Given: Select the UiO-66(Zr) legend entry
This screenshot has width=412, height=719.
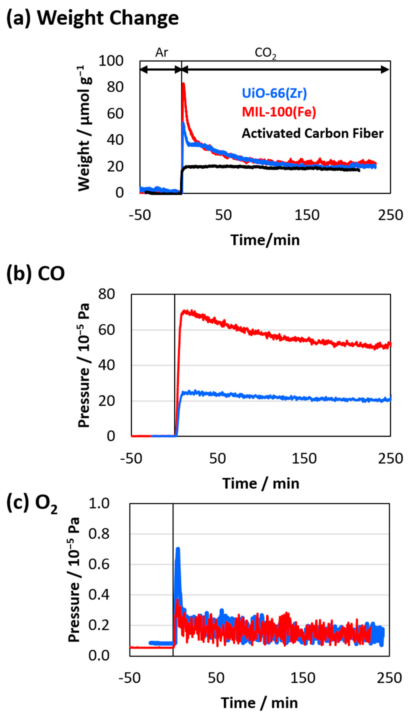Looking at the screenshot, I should point(274,93).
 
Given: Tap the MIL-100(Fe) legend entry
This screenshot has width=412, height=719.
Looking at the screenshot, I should point(279,112).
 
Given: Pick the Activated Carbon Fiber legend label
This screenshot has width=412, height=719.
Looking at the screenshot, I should point(312,133).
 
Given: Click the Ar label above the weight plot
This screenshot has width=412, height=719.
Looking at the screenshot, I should point(162,53).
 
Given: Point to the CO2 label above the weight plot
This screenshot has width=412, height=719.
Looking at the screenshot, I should point(265,53).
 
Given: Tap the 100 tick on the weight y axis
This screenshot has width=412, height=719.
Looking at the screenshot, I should point(111,61).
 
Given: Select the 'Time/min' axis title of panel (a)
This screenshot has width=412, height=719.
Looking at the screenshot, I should point(265,240).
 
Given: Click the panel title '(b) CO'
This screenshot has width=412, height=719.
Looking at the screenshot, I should point(36,273).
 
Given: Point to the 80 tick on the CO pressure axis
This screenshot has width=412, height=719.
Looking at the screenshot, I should point(106,294).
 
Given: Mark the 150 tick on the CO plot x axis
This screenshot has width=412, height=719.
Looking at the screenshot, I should point(304,458).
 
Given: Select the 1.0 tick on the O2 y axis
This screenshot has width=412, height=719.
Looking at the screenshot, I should point(99,504).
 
